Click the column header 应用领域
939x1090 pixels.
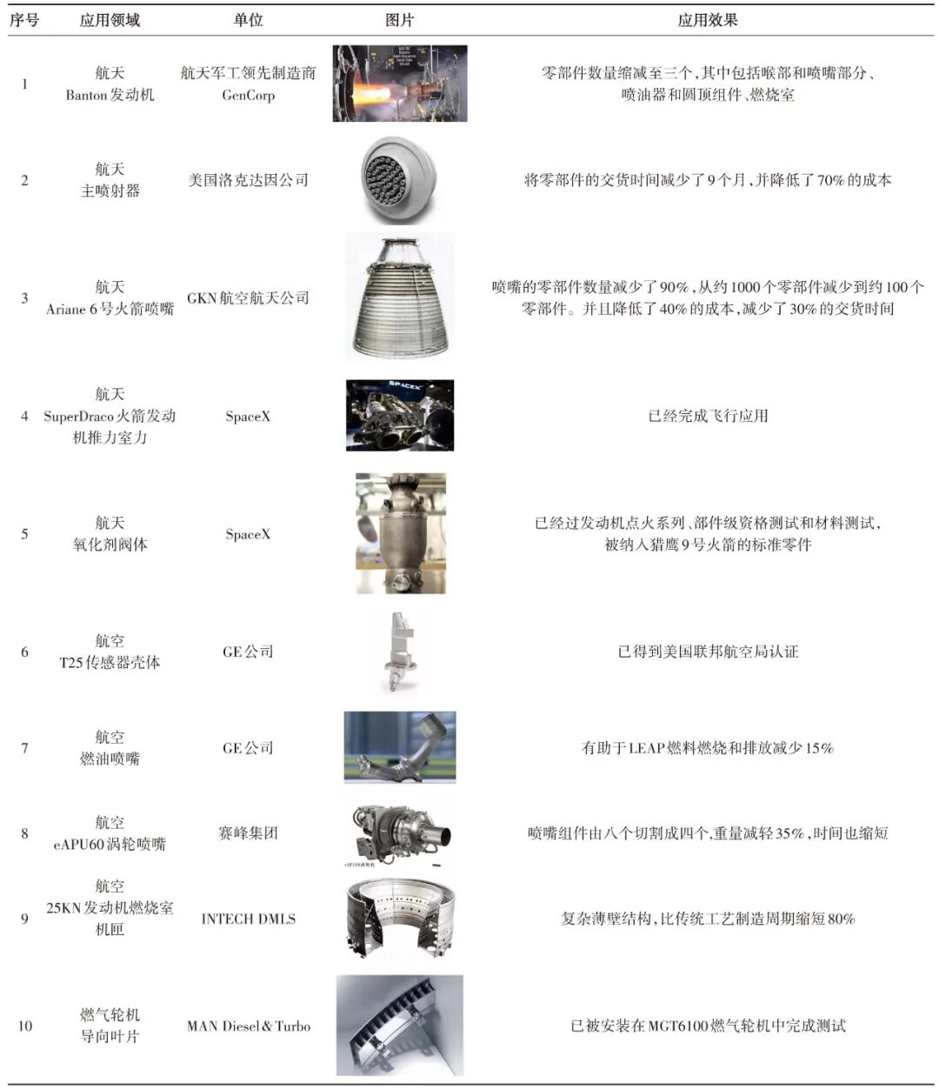[x=110, y=19]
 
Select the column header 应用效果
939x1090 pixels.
[x=707, y=19]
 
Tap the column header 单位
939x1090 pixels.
[x=248, y=19]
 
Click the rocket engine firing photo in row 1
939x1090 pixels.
[x=400, y=84]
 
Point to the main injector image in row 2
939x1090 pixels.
[x=400, y=180]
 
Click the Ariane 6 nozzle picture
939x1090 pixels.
[x=400, y=297]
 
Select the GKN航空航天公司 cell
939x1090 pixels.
[x=248, y=298]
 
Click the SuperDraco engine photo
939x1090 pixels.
[x=400, y=415]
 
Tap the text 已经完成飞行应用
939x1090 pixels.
[x=707, y=416]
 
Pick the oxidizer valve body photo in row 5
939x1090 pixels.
[x=401, y=533]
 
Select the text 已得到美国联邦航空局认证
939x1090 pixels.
[x=707, y=652]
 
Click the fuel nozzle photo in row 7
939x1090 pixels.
[x=400, y=747]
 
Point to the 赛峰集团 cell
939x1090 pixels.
[x=248, y=833]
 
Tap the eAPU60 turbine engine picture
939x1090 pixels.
[x=400, y=833]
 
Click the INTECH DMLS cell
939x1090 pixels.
[x=248, y=919]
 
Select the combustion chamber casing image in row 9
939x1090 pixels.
[x=400, y=919]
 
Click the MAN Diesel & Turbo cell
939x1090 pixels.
[x=248, y=1026]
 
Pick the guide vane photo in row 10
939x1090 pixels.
[x=400, y=1026]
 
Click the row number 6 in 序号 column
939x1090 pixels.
[x=24, y=652]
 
